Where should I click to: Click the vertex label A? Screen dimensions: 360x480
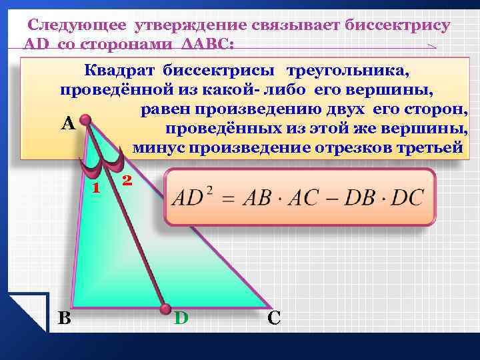point(67,124)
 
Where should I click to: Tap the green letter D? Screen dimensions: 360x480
point(181,318)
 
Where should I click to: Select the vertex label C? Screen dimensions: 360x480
point(273,318)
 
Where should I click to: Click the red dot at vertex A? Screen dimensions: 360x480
point(85,120)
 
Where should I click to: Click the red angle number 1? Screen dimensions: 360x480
point(96,187)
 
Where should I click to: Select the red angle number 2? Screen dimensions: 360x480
point(127,181)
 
